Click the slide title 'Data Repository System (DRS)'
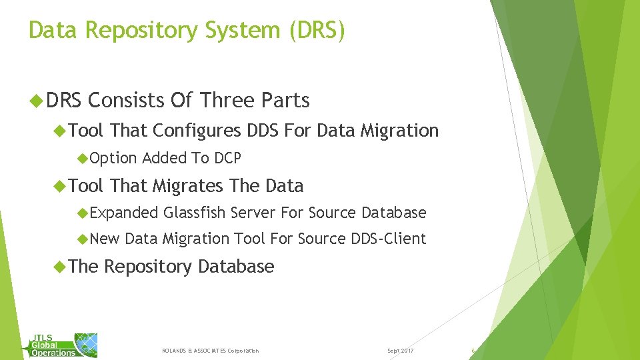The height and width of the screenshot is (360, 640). [x=187, y=31]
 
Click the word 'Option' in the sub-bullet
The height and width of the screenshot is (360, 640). [x=113, y=159]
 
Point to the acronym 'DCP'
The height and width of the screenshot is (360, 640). [x=227, y=159]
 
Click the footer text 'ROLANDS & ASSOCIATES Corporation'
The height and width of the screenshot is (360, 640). [x=210, y=351]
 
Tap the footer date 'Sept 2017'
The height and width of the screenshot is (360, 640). [x=400, y=351]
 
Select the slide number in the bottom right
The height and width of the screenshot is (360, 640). [x=473, y=351]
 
